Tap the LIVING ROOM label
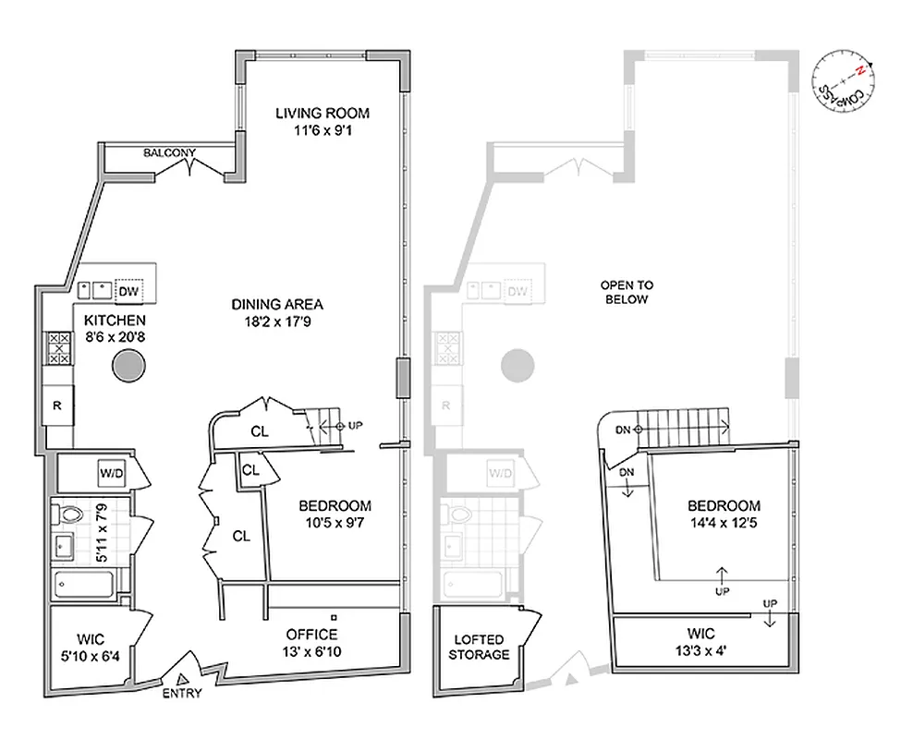click(323, 114)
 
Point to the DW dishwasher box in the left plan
click(131, 291)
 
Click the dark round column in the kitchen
click(128, 367)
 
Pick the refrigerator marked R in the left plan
click(57, 405)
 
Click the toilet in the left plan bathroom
click(70, 512)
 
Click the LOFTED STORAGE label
click(481, 647)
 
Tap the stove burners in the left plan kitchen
click(57, 349)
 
